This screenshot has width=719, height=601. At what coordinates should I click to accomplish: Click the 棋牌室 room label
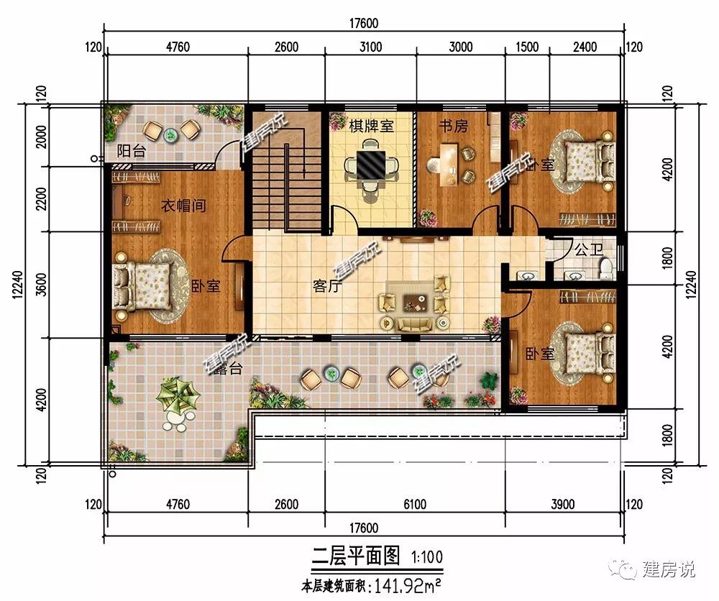point(372,126)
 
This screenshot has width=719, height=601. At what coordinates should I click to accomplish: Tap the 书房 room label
point(454,126)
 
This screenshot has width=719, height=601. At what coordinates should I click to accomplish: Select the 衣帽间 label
point(183,206)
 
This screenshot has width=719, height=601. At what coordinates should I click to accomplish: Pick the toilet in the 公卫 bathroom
point(605,268)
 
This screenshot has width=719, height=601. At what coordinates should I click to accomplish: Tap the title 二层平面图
point(356,556)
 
